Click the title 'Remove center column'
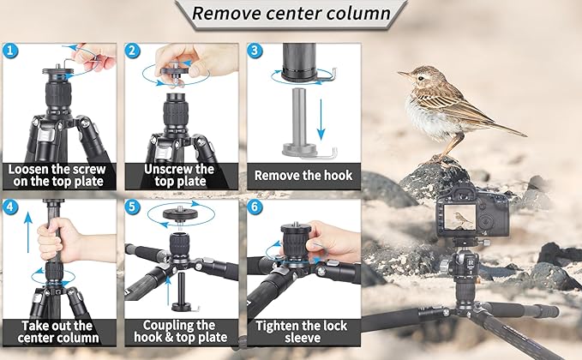(x=291, y=14)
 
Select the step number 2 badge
(x=134, y=51)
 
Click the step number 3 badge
(x=255, y=51)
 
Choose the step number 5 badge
(x=134, y=207)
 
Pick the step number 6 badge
(x=255, y=207)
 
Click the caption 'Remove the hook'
(x=303, y=176)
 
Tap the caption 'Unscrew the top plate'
(x=181, y=176)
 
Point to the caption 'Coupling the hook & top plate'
(x=181, y=331)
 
